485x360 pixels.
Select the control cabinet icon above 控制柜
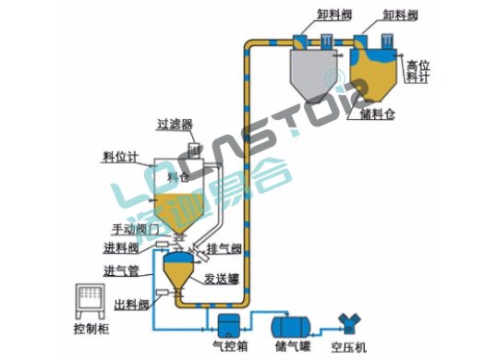(91, 301)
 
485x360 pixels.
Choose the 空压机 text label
(349, 349)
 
